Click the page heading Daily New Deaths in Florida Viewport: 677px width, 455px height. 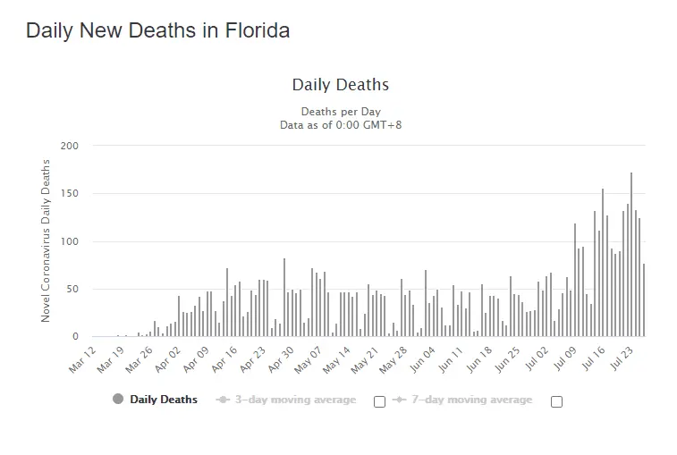pos(157,29)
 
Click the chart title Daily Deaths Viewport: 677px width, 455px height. pos(340,85)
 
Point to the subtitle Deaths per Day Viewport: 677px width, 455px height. pos(340,112)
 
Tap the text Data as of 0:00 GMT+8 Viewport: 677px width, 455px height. pos(340,124)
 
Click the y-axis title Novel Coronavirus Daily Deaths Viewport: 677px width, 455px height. pos(46,240)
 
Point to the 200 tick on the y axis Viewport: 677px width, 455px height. pos(70,146)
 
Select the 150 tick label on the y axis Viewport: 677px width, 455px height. pos(70,193)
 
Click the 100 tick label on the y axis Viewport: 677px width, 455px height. pos(70,241)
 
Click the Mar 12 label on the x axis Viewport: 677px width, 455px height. pos(82,356)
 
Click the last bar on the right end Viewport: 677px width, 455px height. pos(643,300)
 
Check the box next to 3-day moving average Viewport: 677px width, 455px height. pos(379,401)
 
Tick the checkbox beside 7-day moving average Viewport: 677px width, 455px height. pos(556,401)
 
